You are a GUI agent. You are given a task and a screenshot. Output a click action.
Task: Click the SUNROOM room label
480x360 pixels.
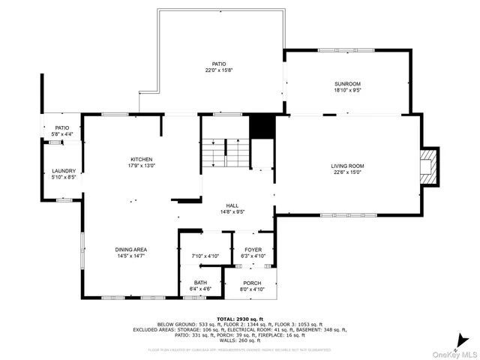(346, 83)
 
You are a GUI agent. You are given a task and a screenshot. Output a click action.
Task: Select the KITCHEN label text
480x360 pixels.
(142, 159)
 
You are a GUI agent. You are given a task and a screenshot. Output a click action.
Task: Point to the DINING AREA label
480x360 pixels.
(130, 249)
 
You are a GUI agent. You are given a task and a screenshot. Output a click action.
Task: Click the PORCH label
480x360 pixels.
(252, 283)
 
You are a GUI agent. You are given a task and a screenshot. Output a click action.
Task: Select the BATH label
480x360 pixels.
(201, 282)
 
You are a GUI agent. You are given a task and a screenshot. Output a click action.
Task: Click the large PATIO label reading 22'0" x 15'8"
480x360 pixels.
(218, 64)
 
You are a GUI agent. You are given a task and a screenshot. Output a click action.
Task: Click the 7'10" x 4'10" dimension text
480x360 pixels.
(205, 256)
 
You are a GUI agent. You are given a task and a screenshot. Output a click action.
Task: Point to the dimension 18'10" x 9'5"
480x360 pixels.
(346, 89)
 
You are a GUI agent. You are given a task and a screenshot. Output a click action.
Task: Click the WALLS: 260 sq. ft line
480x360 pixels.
(239, 340)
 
